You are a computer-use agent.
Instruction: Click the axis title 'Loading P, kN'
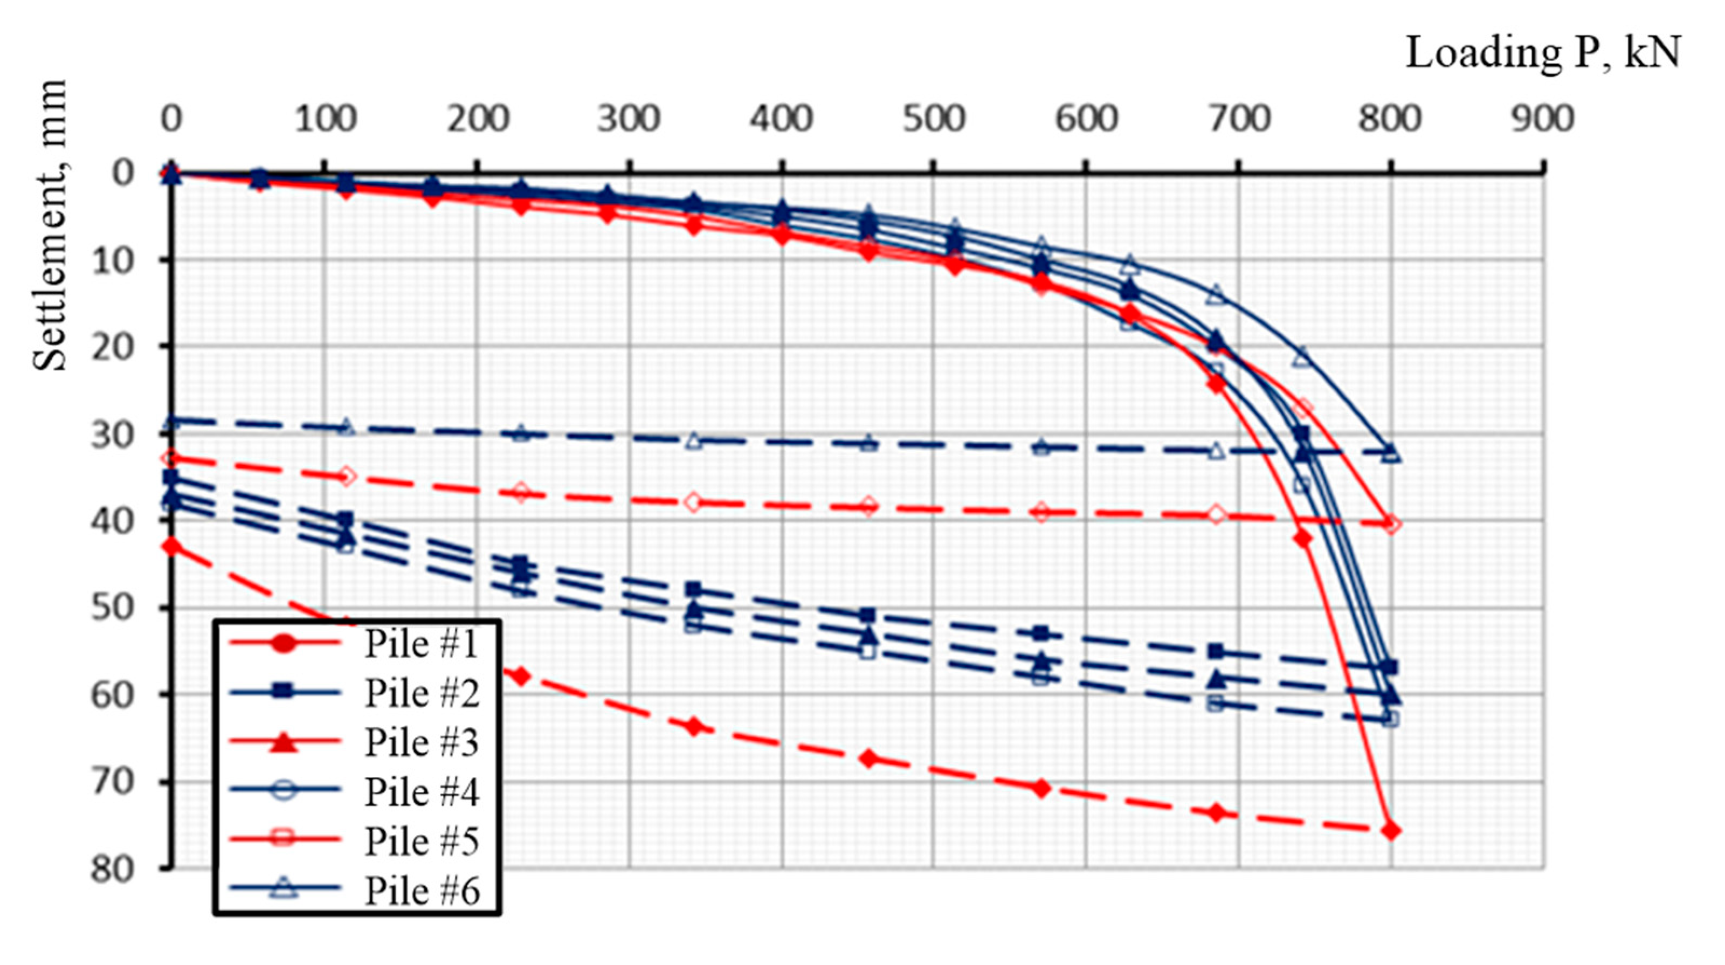(x=1542, y=53)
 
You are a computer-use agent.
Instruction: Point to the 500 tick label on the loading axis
(x=934, y=120)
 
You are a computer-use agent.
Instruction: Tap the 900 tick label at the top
(x=1543, y=120)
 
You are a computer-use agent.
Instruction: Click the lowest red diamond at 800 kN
(x=1391, y=831)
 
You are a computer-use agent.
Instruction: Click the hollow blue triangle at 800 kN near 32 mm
(x=1391, y=453)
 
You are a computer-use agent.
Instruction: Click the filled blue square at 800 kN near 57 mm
(x=1391, y=667)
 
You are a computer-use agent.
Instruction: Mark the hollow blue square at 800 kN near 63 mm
(x=1391, y=719)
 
